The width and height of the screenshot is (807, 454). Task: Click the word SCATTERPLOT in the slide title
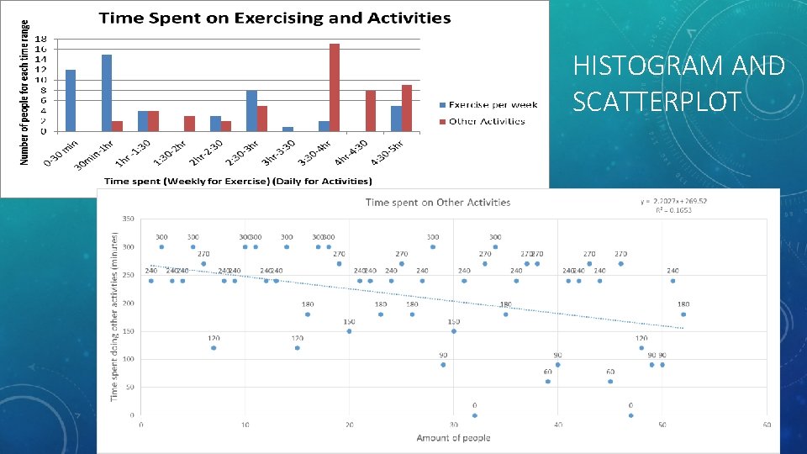[657, 101]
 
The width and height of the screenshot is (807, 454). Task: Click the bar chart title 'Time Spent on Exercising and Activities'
[274, 18]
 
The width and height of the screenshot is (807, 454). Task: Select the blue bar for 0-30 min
[71, 100]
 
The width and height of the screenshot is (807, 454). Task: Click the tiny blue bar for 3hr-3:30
[287, 129]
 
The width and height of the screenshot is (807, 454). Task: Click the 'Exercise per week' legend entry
[493, 105]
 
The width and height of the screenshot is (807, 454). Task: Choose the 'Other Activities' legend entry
[486, 121]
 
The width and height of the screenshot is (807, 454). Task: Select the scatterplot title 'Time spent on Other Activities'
[438, 202]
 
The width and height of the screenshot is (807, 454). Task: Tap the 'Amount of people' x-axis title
[452, 437]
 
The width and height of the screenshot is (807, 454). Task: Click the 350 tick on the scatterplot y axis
[128, 219]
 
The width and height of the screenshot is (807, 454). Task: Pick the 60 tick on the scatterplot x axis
[767, 425]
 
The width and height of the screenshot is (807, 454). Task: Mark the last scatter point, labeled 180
[683, 314]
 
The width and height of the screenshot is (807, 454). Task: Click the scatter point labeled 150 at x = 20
[349, 331]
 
